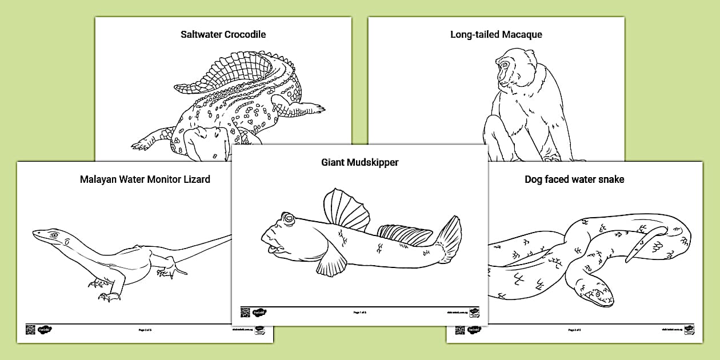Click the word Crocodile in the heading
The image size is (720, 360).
tap(245, 34)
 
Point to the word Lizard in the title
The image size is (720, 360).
tap(195, 179)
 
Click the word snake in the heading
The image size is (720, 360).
tap(611, 179)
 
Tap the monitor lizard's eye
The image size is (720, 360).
tap(54, 235)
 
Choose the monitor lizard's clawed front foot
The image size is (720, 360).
tap(108, 295)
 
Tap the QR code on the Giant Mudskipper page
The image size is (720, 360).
tap(245, 312)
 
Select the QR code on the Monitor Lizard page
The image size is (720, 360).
tap(30, 330)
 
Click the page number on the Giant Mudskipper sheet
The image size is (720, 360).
tap(359, 313)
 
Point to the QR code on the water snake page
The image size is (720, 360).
tap(460, 330)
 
